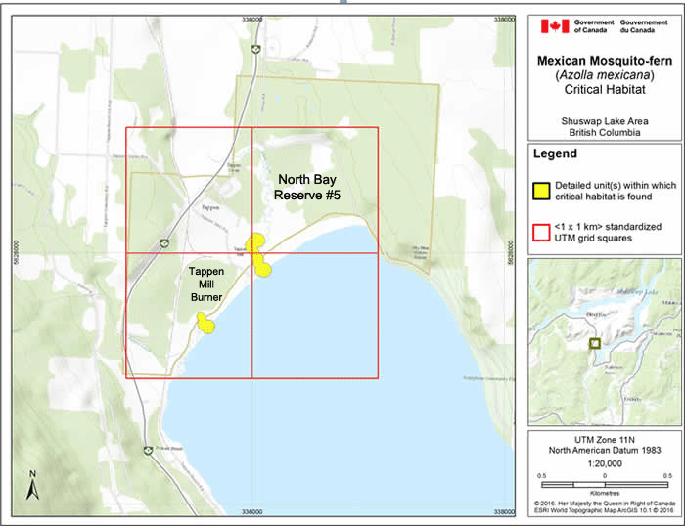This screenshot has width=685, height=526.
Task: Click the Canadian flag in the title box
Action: (x=550, y=27)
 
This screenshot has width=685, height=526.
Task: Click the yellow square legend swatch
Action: (x=541, y=189)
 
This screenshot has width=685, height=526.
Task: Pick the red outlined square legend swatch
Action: (x=541, y=232)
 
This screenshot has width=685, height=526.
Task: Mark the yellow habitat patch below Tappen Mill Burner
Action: (x=205, y=322)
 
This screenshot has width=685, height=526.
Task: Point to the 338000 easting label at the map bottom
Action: (x=504, y=511)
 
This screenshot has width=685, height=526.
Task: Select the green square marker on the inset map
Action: (x=593, y=343)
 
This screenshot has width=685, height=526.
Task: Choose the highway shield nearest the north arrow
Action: (x=147, y=451)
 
